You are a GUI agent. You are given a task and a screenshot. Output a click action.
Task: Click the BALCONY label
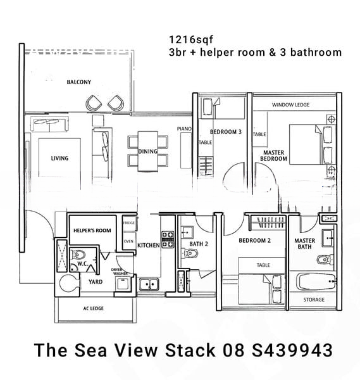tap(79, 82)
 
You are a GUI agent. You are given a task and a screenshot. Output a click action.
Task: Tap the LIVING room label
tap(59, 158)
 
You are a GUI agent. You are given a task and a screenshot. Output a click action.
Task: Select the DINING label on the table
tap(147, 152)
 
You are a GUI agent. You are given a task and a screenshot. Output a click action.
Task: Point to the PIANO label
tap(184, 129)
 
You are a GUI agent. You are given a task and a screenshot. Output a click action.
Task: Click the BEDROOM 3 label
tap(226, 132)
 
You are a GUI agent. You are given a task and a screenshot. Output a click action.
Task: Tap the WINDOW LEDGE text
tap(290, 104)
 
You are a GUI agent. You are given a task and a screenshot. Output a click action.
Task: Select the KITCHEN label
tap(149, 245)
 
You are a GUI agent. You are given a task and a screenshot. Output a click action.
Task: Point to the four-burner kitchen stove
tap(168, 239)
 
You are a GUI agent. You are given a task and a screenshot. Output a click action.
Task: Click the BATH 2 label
tap(199, 244)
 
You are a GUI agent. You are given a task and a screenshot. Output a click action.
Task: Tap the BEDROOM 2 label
tap(255, 241)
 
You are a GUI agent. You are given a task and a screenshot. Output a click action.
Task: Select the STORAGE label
tap(314, 300)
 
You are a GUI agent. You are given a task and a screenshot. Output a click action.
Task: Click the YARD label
tap(96, 282)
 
